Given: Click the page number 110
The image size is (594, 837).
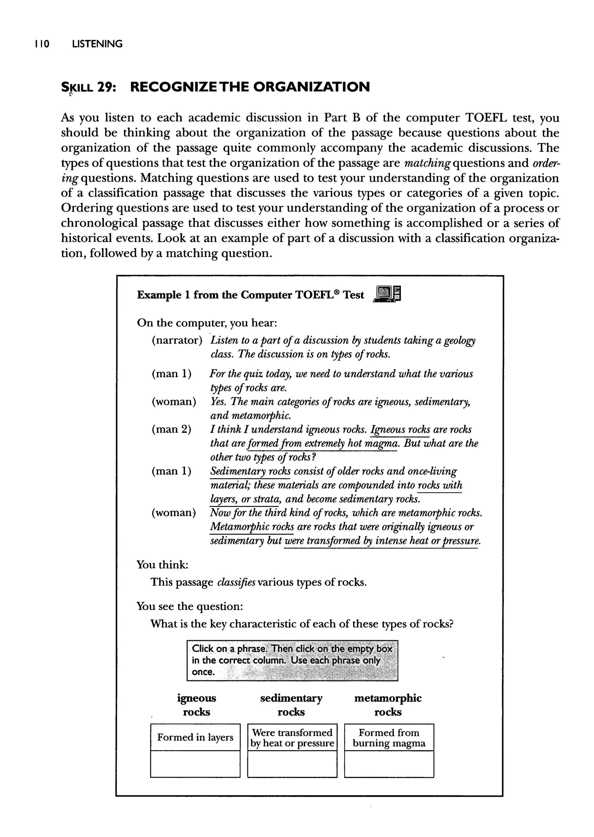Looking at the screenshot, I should point(42,44).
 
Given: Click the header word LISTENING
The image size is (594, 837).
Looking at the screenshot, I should point(97,44).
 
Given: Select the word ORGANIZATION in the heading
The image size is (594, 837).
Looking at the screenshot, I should point(311,87).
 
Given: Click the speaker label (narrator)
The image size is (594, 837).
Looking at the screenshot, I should point(177,340).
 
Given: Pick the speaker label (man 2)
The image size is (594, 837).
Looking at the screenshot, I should point(171,429).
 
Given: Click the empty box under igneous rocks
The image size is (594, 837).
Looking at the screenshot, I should point(195,764).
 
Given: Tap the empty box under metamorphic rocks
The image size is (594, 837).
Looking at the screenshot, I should point(389,764).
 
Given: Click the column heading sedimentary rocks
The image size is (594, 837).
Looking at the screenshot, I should point(291,705).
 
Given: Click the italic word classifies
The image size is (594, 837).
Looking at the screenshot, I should point(236,582).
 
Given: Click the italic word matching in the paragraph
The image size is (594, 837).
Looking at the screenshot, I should point(427,163).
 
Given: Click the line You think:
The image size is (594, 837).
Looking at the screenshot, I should point(162,565).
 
